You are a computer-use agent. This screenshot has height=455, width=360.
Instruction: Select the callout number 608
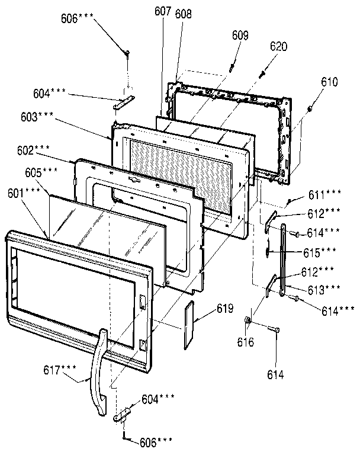(183, 17)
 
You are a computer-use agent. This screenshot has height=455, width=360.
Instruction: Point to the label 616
(246, 342)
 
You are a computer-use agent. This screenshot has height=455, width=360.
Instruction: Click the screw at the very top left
(128, 54)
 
